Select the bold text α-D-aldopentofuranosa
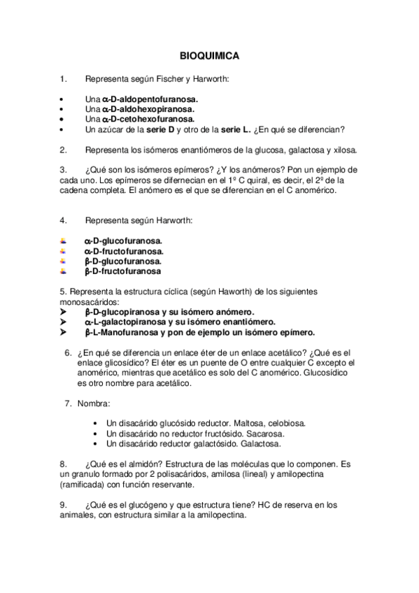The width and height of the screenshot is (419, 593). tap(150, 99)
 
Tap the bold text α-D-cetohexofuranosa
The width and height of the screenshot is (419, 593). tap(145, 120)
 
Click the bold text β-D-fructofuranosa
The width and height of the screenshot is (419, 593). tap(122, 271)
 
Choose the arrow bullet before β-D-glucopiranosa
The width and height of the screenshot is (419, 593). tap(64, 311)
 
